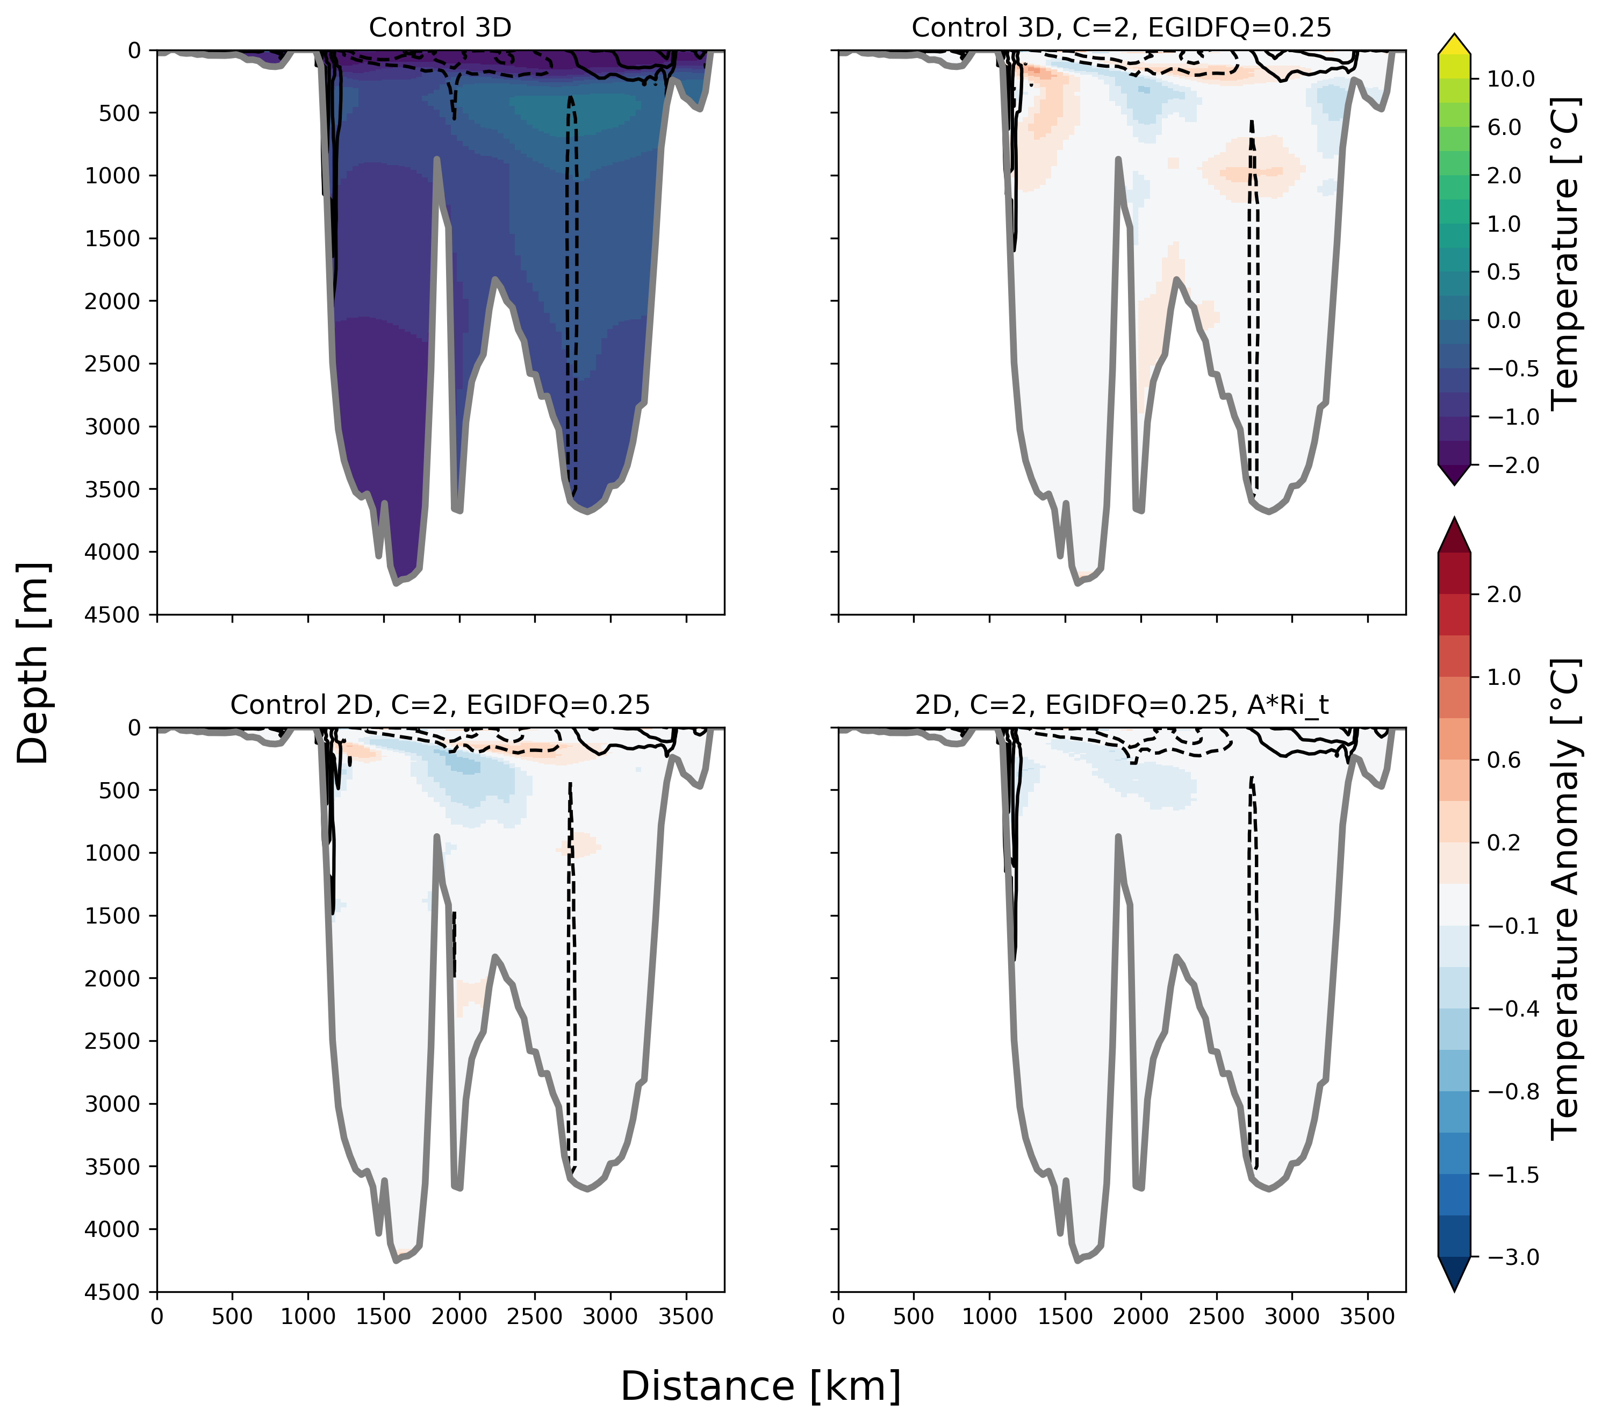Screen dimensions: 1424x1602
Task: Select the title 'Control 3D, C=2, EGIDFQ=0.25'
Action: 1122,28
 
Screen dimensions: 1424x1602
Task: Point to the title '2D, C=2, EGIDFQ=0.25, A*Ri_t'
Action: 1122,705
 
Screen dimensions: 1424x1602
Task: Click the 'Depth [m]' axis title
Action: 33,663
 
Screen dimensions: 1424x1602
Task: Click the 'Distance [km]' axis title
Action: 760,1386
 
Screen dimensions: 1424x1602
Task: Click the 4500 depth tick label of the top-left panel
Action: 113,615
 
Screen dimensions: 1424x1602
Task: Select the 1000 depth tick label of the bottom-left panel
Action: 113,853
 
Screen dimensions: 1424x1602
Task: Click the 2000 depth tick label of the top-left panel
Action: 113,301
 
